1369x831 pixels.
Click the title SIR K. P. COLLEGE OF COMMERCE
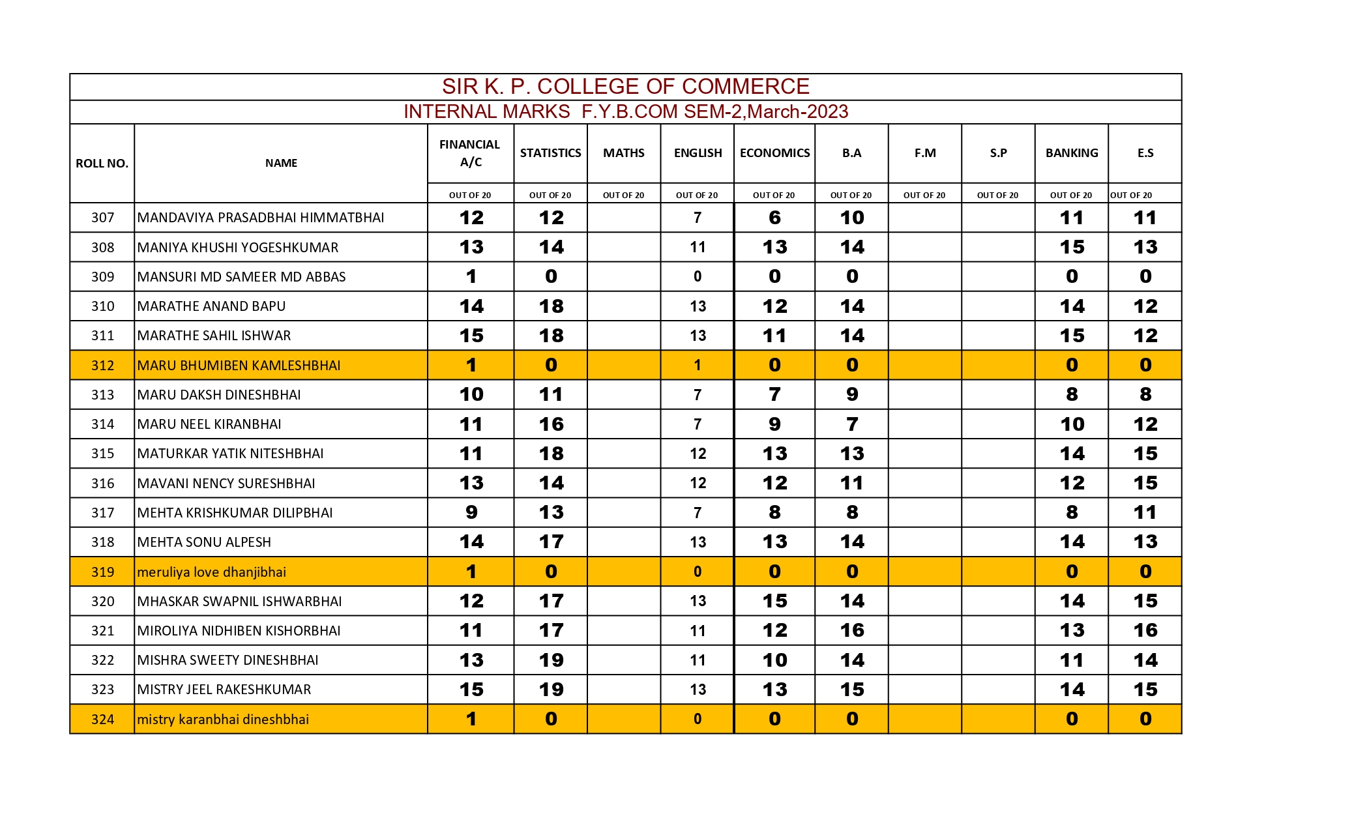(x=625, y=87)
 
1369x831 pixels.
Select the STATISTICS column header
(x=550, y=153)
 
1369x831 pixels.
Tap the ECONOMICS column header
(x=774, y=153)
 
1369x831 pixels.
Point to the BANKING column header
(x=1071, y=153)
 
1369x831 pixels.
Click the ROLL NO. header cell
(x=102, y=164)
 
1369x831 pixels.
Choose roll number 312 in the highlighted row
(x=102, y=366)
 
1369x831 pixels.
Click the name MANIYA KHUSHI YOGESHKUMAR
(x=238, y=248)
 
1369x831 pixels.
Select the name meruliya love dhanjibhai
(x=212, y=572)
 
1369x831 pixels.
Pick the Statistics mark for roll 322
(x=551, y=660)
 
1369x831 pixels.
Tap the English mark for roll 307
(x=697, y=218)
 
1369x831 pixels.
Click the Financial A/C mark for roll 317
(x=471, y=513)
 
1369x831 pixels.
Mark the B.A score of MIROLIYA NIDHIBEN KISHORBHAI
(x=851, y=631)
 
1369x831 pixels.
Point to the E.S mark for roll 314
(x=1145, y=424)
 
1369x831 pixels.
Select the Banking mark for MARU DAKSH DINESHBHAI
(x=1071, y=395)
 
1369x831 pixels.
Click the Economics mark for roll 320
(x=774, y=601)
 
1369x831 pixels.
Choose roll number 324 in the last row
(x=102, y=720)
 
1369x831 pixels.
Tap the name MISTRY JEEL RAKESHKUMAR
(x=224, y=690)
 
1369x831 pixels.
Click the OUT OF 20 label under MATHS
(x=623, y=195)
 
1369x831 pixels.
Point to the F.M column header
(x=924, y=153)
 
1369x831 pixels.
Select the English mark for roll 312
(x=697, y=366)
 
